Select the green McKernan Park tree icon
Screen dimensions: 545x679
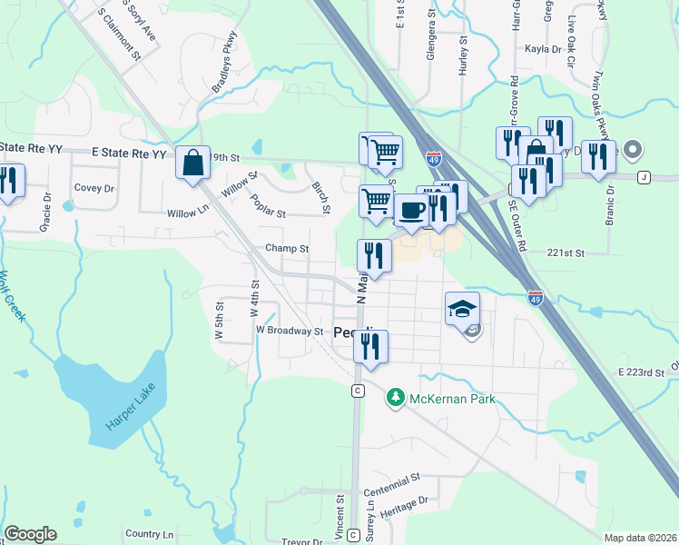pyautogui.click(x=395, y=397)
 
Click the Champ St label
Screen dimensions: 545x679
pyautogui.click(x=287, y=248)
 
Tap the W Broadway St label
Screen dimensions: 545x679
pyautogui.click(x=290, y=331)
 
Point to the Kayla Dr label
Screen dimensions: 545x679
pyautogui.click(x=544, y=48)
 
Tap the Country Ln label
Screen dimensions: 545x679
pyautogui.click(x=149, y=534)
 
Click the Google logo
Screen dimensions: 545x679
pyautogui.click(x=30, y=534)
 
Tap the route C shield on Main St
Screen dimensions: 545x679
pyautogui.click(x=359, y=391)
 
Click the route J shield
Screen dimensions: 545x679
pyautogui.click(x=644, y=175)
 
